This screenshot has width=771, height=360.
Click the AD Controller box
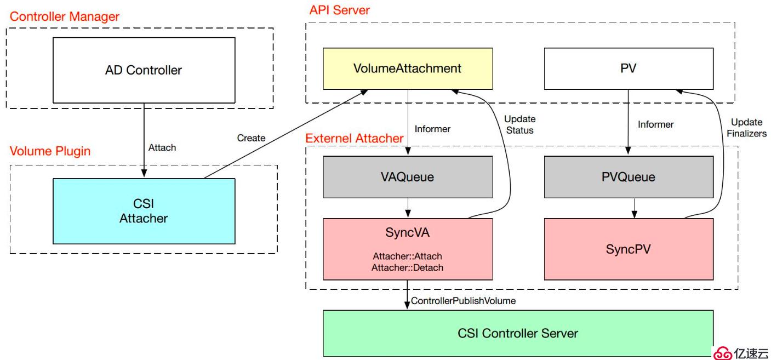(x=143, y=70)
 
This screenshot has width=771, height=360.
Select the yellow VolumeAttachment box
(x=407, y=68)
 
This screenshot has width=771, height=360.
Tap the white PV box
(x=628, y=68)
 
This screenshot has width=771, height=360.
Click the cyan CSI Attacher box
(x=143, y=212)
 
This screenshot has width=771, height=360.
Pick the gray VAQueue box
(x=407, y=177)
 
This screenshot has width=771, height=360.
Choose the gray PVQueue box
(x=628, y=177)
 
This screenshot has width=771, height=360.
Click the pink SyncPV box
(x=628, y=249)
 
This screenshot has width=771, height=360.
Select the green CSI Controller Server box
(x=518, y=333)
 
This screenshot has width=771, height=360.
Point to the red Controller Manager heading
(x=65, y=16)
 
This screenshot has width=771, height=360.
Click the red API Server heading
(x=339, y=10)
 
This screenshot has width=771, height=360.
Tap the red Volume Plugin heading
(x=50, y=151)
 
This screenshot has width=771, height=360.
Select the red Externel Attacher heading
(x=354, y=138)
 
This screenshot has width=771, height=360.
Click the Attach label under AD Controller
(x=162, y=148)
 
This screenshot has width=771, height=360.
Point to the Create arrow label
(x=251, y=138)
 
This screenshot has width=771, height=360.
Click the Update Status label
(x=519, y=124)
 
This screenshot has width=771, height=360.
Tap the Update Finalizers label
(x=749, y=128)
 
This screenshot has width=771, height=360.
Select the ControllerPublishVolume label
(x=463, y=301)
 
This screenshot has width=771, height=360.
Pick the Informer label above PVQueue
(x=655, y=124)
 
